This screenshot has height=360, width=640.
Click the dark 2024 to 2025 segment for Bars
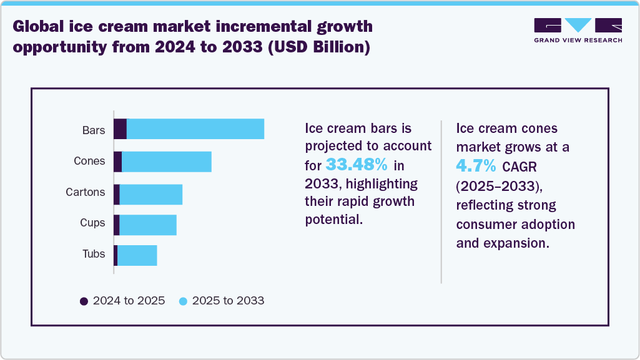pos(120,129)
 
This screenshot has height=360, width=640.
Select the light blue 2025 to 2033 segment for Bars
pos(195,129)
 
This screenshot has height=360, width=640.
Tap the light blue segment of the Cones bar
pos(167,162)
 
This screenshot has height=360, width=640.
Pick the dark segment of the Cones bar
pos(117,162)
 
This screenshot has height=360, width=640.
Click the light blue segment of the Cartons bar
pos(150,195)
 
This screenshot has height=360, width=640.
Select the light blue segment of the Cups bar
pos(148,225)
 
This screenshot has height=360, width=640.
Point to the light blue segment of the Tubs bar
pos(137,256)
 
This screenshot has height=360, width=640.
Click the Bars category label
pos(94,130)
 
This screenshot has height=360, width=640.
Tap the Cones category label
pos(89,161)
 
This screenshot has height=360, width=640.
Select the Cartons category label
pos(86,192)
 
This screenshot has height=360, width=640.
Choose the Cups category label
pos(92,223)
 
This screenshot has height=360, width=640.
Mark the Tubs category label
pos(94,254)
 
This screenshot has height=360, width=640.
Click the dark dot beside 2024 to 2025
pos(84,301)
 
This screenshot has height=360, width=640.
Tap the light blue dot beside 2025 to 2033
pos(183,301)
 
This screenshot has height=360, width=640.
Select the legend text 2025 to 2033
pos(228,301)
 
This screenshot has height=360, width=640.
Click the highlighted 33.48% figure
pos(357,165)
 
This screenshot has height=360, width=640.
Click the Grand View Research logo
pos(578,30)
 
